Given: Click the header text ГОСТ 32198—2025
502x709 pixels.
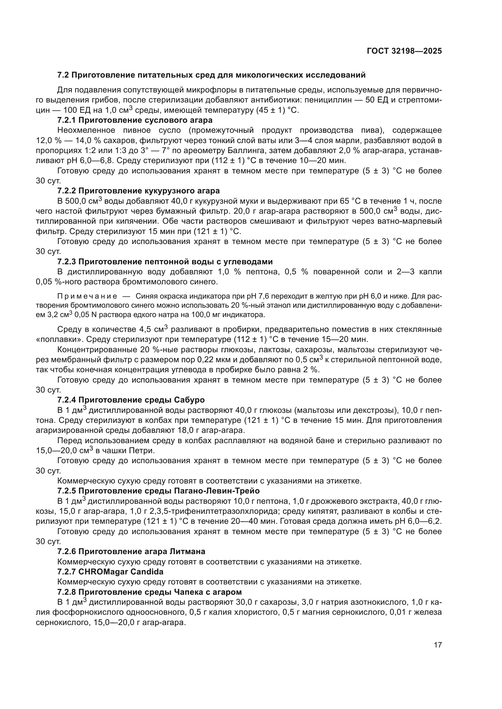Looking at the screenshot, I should (x=404, y=51).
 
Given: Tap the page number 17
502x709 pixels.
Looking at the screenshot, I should (x=438, y=645).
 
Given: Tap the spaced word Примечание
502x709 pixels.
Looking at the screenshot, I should (x=87, y=296).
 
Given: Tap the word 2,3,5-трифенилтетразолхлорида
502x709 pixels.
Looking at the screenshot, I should (x=211, y=511).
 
